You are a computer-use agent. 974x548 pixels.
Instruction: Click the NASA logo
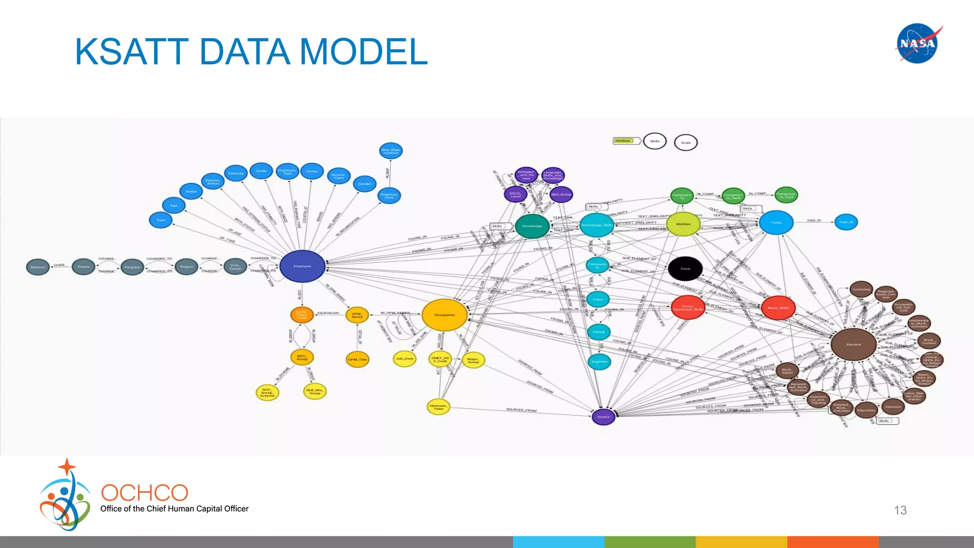[x=918, y=43]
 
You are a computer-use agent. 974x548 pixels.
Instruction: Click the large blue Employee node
[x=302, y=266]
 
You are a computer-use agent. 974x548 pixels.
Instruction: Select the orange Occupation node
[x=445, y=314]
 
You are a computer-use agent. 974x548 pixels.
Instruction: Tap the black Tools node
[x=685, y=268]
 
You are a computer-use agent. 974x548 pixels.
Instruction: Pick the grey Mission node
[x=38, y=267]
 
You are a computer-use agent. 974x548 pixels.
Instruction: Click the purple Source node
[x=603, y=417]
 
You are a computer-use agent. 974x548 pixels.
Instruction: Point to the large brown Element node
[x=853, y=344]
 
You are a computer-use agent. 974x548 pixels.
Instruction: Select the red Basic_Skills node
[x=778, y=308]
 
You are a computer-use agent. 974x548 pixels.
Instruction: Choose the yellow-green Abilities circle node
[x=683, y=224]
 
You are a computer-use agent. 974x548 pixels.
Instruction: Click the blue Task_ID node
[x=846, y=222]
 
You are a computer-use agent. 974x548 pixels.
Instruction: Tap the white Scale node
[x=685, y=142]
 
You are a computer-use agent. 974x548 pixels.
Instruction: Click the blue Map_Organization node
[x=391, y=151]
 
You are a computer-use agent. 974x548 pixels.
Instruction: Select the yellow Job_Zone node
[x=405, y=358]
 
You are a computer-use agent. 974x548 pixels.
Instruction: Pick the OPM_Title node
[x=357, y=359]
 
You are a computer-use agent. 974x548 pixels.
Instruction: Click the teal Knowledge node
[x=532, y=226]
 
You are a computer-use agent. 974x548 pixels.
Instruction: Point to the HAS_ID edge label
[x=814, y=220]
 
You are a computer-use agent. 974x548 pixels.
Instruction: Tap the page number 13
[x=900, y=510]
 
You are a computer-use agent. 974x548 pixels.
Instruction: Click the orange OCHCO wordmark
[x=145, y=493]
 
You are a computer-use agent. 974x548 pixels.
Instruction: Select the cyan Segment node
[x=599, y=362]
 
